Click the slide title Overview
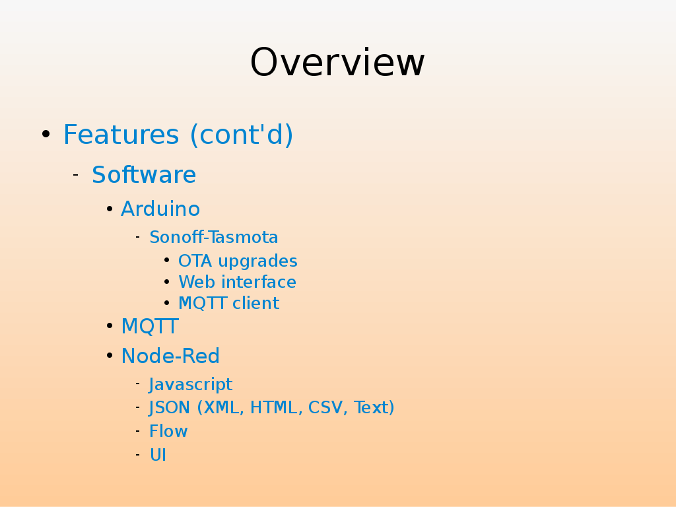[x=337, y=62]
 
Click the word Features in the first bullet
[x=121, y=134]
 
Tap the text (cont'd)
[x=242, y=135]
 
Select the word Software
[x=144, y=174]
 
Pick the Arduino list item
[x=160, y=209]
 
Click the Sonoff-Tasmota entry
[x=214, y=237]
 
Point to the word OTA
[x=195, y=261]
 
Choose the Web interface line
[x=237, y=282]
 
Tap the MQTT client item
[x=229, y=303]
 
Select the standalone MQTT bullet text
[x=150, y=326]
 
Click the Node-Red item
[x=170, y=356]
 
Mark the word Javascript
[x=191, y=385]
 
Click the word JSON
[x=170, y=407]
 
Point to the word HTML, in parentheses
[x=274, y=408]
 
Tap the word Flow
[x=168, y=431]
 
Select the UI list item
[x=158, y=455]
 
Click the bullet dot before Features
[x=46, y=134]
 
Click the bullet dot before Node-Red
[x=110, y=356]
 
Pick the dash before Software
[x=75, y=174]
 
